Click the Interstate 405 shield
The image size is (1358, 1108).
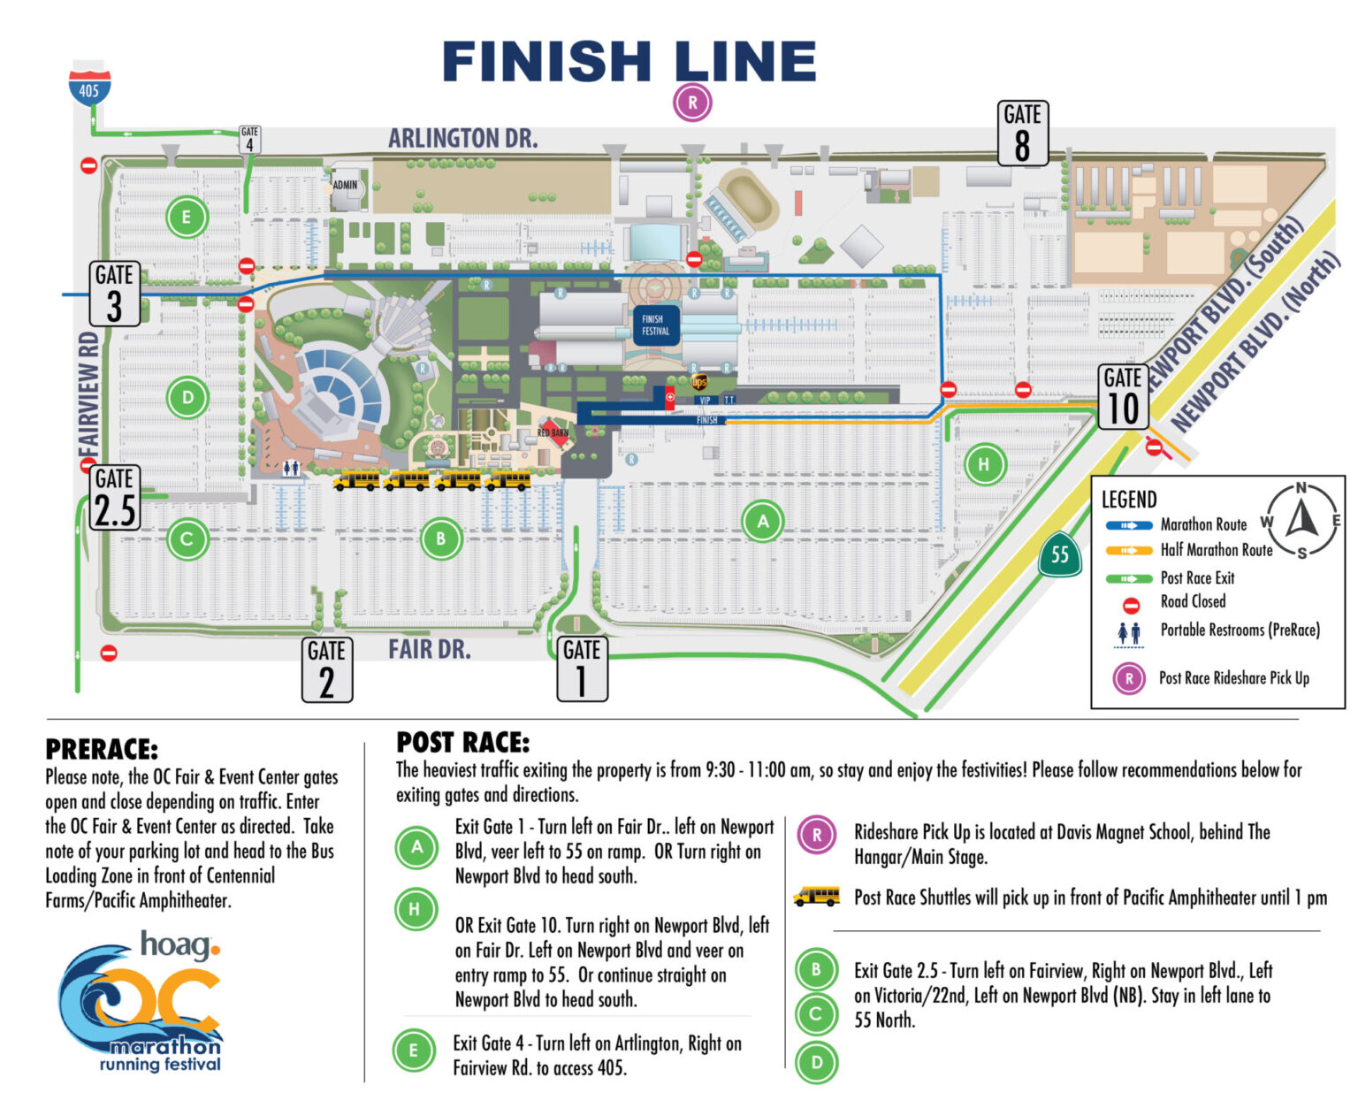[90, 85]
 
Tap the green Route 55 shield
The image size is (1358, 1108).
[1059, 555]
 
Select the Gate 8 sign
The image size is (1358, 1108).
[1022, 134]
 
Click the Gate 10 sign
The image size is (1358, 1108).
[1123, 397]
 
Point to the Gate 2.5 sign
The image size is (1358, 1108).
[115, 499]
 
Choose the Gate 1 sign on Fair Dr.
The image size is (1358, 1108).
[582, 669]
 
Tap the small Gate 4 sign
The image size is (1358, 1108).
[249, 138]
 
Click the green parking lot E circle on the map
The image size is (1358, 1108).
[186, 217]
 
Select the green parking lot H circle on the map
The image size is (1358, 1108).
[984, 463]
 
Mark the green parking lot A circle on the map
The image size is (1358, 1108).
[763, 522]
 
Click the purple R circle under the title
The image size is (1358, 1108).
[692, 103]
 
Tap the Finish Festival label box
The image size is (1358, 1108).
[655, 325]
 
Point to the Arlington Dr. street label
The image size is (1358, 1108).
[462, 139]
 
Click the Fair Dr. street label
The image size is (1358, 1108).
[429, 650]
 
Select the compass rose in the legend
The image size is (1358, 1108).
[1301, 519]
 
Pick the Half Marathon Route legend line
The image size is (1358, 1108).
[1128, 551]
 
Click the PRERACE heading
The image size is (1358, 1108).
[102, 750]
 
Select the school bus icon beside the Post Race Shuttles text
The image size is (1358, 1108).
[816, 896]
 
